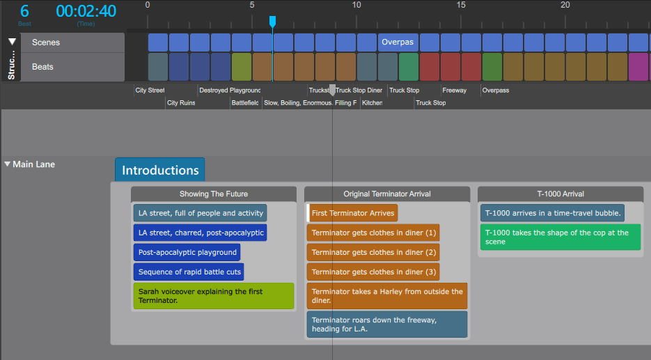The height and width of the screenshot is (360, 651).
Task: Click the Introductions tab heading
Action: [160, 170]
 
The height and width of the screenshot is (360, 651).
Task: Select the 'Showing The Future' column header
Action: [213, 194]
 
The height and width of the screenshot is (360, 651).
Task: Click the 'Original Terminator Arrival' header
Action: [386, 194]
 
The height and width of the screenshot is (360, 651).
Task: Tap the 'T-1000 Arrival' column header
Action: [560, 194]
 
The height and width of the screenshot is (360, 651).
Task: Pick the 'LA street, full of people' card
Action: [200, 213]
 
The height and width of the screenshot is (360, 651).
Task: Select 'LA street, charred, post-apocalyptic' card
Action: [200, 233]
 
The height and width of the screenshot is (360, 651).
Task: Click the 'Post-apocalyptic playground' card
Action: [187, 252]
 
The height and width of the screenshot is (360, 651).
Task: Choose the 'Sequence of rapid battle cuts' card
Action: [188, 272]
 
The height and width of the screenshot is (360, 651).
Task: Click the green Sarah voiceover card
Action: [213, 296]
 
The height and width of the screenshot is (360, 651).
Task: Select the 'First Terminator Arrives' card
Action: [353, 213]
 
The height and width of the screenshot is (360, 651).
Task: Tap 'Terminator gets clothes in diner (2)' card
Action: [373, 252]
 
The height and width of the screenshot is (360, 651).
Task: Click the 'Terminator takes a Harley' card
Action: [386, 296]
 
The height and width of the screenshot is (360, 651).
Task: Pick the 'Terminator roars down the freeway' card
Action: [386, 324]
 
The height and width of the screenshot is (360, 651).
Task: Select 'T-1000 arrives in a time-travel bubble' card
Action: [552, 213]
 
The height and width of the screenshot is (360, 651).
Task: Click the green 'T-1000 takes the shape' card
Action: [560, 237]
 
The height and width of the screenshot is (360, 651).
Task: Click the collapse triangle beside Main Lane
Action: [8, 164]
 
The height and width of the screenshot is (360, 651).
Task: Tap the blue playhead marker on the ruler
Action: [272, 22]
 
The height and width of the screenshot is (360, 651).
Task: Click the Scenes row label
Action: [46, 42]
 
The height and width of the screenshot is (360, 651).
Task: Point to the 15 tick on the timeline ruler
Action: [461, 6]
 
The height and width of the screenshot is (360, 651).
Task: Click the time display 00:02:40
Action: [86, 11]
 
